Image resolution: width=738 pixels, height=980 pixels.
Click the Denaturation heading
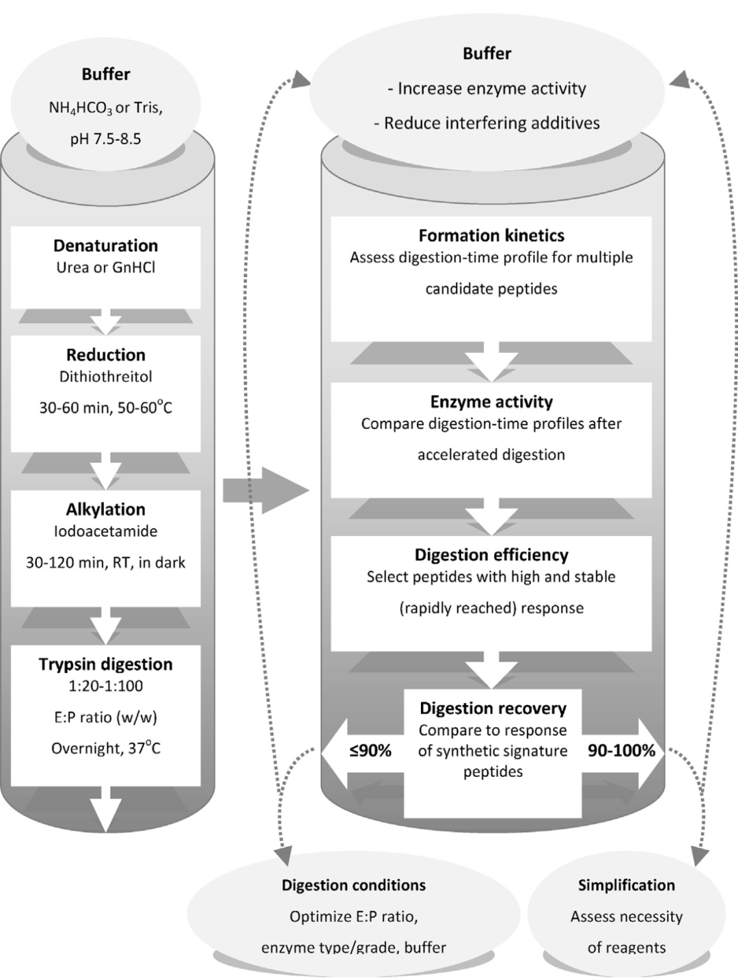pyautogui.click(x=106, y=246)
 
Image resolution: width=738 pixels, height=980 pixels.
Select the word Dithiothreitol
pyautogui.click(x=106, y=376)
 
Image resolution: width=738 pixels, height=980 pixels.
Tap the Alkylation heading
pyautogui.click(x=106, y=509)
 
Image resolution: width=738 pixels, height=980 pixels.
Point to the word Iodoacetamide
pyautogui.click(x=106, y=531)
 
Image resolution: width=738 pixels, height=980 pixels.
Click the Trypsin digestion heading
pyautogui.click(x=106, y=664)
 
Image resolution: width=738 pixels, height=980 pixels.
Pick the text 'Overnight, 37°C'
pyautogui.click(x=106, y=748)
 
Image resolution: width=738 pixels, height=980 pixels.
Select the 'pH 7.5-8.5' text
pyautogui.click(x=106, y=139)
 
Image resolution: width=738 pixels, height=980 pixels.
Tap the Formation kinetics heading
pyautogui.click(x=491, y=236)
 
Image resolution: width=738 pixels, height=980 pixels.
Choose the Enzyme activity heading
pyautogui.click(x=491, y=402)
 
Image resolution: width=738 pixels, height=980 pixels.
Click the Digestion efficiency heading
pyautogui.click(x=491, y=555)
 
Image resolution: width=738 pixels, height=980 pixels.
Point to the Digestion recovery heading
pyautogui.click(x=493, y=708)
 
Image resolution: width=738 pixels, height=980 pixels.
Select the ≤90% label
pyautogui.click(x=370, y=751)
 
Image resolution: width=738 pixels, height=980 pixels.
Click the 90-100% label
pyautogui.click(x=621, y=751)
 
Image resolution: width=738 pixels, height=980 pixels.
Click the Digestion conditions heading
pyautogui.click(x=354, y=885)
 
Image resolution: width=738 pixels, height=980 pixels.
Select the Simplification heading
pyautogui.click(x=627, y=885)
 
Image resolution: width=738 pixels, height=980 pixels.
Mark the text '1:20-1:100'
pyautogui.click(x=106, y=686)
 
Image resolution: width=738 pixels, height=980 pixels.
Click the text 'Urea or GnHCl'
pyautogui.click(x=106, y=267)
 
